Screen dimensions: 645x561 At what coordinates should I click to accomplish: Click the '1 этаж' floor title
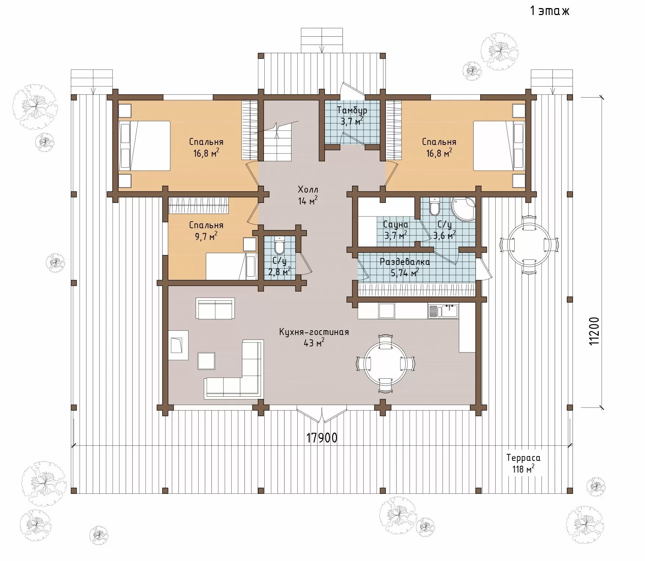[549, 11]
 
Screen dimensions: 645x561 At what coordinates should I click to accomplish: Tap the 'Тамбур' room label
[352, 110]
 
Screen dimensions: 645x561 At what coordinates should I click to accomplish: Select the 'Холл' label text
[308, 190]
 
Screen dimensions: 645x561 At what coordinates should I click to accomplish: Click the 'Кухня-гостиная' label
[314, 332]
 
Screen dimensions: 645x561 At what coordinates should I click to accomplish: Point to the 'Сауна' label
[395, 224]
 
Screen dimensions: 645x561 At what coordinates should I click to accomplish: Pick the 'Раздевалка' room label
[405, 262]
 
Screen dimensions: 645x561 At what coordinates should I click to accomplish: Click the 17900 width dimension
[322, 438]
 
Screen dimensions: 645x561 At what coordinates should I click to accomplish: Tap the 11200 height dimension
[594, 331]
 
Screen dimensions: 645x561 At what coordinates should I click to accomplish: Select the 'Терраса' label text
[523, 458]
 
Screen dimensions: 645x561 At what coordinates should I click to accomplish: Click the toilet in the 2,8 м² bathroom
[279, 245]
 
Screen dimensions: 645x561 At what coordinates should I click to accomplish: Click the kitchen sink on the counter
[443, 311]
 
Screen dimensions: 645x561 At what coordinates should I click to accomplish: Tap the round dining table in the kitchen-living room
[386, 364]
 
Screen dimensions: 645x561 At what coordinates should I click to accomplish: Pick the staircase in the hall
[276, 141]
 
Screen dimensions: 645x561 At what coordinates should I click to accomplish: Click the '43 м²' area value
[314, 343]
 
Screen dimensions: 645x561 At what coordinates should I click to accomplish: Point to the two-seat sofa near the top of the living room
[215, 309]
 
